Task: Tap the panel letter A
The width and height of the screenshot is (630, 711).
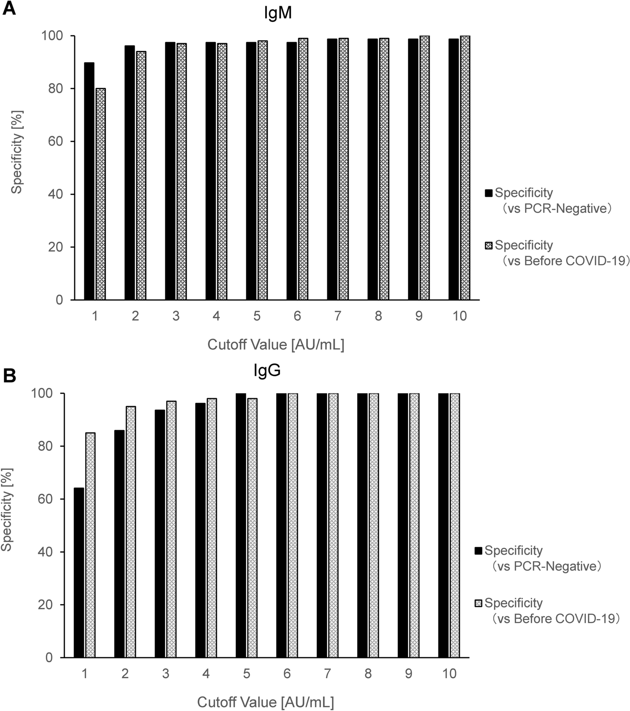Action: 9,8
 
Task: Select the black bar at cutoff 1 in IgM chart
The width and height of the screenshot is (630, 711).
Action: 89,181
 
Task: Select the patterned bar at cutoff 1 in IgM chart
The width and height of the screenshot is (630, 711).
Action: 100,194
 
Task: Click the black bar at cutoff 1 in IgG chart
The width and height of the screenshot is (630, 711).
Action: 79,572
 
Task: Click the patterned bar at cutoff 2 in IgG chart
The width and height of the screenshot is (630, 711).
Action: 131,531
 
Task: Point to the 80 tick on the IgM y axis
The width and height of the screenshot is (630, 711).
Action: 55,89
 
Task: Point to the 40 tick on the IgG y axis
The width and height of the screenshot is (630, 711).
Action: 45,552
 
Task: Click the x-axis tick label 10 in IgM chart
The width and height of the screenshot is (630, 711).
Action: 459,316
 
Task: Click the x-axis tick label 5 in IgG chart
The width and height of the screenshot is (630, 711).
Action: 247,673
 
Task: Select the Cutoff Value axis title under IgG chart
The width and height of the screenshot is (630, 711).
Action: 266,702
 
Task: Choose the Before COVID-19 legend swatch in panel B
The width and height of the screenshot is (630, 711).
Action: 478,603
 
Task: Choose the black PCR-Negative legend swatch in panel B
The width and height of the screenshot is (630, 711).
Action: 478,551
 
